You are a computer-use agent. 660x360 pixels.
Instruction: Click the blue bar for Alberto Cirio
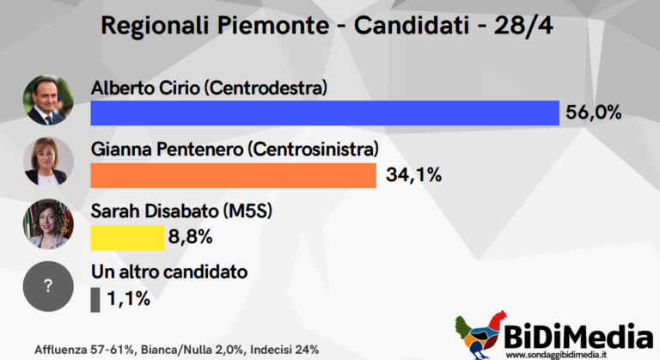[x=325, y=113]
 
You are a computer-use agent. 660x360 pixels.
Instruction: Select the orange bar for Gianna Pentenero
[x=233, y=175]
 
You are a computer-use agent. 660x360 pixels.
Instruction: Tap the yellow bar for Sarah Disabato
[x=127, y=238]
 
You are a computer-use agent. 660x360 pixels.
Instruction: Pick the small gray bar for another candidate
[x=95, y=300]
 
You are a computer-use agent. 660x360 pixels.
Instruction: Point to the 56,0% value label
[x=594, y=113]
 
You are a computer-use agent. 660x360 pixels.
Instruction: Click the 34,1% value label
[x=413, y=174]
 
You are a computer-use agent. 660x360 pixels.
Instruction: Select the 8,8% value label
[x=190, y=237]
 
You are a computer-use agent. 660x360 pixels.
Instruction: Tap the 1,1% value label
[x=128, y=299]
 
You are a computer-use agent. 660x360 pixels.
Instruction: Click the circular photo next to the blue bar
[x=48, y=101]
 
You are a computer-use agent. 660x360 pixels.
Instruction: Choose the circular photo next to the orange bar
[x=48, y=162]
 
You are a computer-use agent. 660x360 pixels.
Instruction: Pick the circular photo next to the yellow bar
[x=48, y=224]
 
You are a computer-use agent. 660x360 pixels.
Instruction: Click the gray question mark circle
[x=48, y=286]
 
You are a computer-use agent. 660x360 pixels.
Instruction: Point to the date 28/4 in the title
[x=523, y=26]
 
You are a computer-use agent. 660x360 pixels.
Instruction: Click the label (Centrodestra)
[x=266, y=88]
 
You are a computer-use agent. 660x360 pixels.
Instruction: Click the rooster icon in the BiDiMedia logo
[x=481, y=335]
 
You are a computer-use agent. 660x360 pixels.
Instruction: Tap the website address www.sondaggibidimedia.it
[x=556, y=355]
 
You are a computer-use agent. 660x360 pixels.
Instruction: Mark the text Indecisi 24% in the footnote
[x=284, y=350]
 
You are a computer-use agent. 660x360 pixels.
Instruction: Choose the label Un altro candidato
[x=169, y=272]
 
